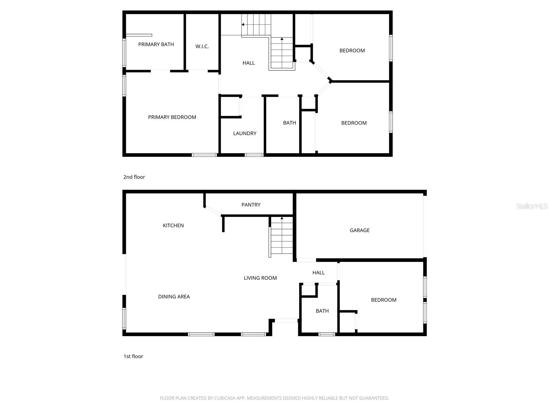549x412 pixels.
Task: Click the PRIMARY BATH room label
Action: pyautogui.click(x=156, y=44)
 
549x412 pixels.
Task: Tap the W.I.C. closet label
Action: pyautogui.click(x=202, y=46)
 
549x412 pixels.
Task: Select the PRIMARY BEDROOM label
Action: pyautogui.click(x=172, y=117)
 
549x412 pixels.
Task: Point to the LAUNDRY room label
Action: pyautogui.click(x=245, y=133)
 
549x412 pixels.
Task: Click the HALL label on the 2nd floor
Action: pyautogui.click(x=248, y=63)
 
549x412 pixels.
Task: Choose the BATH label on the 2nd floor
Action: pyautogui.click(x=289, y=123)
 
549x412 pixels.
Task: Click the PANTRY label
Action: pyautogui.click(x=251, y=205)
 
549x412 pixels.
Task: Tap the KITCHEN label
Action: pyautogui.click(x=173, y=226)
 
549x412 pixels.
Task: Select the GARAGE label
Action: pyautogui.click(x=360, y=230)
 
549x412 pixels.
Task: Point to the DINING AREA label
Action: pyautogui.click(x=174, y=297)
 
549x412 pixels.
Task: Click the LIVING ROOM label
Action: pyautogui.click(x=260, y=278)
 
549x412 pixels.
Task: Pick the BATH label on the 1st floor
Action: pyautogui.click(x=322, y=311)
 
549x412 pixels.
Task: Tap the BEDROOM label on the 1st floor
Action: pyautogui.click(x=384, y=300)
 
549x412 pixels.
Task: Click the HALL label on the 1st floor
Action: pyautogui.click(x=318, y=273)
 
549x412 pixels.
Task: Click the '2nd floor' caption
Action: pyautogui.click(x=134, y=177)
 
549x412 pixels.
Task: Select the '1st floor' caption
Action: pyautogui.click(x=133, y=356)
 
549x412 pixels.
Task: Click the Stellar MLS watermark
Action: pyautogui.click(x=532, y=206)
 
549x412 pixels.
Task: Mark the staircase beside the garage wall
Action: pyautogui.click(x=282, y=237)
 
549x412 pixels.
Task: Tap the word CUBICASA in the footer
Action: pyautogui.click(x=225, y=398)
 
